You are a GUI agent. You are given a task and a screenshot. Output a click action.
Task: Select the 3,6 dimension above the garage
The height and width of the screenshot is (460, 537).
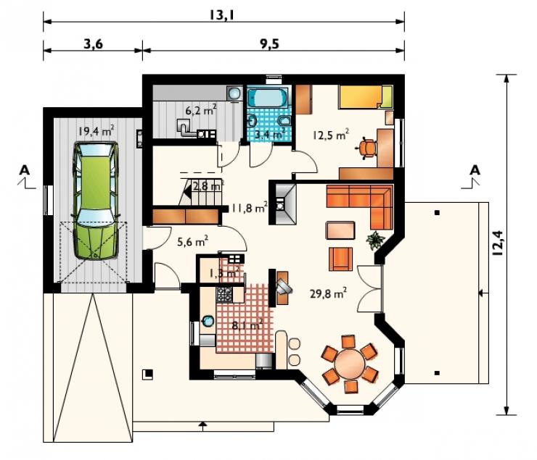93,43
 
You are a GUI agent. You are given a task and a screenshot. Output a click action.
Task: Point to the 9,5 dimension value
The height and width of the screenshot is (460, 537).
269,43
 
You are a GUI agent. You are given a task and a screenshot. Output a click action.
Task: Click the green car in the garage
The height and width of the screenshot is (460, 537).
96,201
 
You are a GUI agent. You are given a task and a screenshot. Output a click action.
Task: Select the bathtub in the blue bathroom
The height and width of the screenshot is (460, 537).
268,97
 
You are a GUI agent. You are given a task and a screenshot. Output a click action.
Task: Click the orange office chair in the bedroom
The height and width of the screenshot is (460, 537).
366,148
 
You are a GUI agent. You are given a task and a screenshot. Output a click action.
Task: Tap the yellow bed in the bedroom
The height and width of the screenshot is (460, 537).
365,97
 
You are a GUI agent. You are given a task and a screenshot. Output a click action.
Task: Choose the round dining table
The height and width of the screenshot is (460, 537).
351,363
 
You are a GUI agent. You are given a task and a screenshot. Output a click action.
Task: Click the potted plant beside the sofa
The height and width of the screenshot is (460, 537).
375,239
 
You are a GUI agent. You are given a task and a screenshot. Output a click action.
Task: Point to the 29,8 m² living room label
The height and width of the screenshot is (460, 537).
328,293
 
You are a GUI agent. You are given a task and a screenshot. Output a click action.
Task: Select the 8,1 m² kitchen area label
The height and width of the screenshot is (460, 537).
247,325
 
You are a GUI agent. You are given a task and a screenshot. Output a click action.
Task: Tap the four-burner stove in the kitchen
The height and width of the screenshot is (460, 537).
224,295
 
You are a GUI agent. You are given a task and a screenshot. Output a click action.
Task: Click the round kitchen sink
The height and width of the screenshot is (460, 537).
208,321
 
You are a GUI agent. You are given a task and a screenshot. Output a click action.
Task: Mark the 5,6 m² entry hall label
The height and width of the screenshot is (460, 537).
192,242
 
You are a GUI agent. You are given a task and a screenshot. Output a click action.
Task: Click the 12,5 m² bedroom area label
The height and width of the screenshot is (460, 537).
330,135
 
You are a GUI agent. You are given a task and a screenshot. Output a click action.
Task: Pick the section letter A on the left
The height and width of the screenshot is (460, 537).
25,170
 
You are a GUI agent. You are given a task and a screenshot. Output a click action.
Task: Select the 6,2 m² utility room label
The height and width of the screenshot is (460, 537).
201,110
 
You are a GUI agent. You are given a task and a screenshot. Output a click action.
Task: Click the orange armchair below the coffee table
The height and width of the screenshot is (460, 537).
340,259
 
